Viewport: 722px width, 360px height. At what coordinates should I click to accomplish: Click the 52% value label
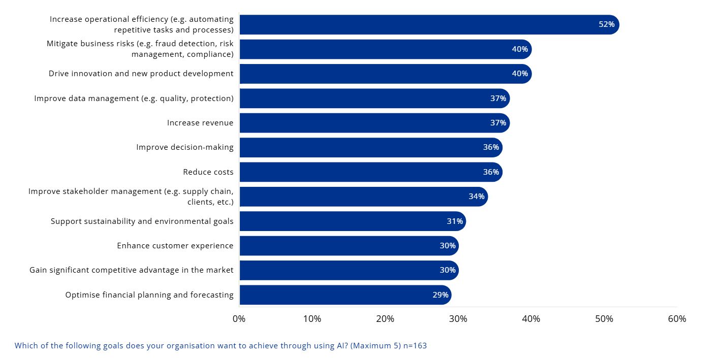(x=607, y=24)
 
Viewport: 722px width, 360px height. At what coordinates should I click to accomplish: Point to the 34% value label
(x=477, y=197)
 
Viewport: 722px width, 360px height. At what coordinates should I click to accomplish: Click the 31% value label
(x=455, y=221)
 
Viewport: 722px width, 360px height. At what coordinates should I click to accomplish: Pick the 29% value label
(x=441, y=295)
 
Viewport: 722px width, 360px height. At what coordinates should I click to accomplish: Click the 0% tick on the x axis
(x=239, y=319)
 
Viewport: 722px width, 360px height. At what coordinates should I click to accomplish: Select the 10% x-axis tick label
(x=312, y=319)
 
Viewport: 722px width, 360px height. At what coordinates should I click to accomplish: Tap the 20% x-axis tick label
(x=385, y=319)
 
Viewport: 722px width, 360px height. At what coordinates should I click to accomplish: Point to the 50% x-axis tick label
(x=604, y=319)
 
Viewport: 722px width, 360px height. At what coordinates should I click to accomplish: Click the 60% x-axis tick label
(x=677, y=319)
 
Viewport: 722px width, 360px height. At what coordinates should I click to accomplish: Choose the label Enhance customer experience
(x=175, y=246)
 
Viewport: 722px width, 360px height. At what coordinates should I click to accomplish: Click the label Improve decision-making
(x=185, y=147)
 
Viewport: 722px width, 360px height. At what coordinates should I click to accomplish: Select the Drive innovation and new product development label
(x=141, y=74)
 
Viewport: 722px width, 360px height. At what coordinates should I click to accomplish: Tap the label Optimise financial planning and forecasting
(x=149, y=295)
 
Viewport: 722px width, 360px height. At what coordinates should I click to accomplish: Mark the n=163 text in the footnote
(x=414, y=346)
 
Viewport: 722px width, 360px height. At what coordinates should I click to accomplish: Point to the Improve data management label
(x=134, y=99)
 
